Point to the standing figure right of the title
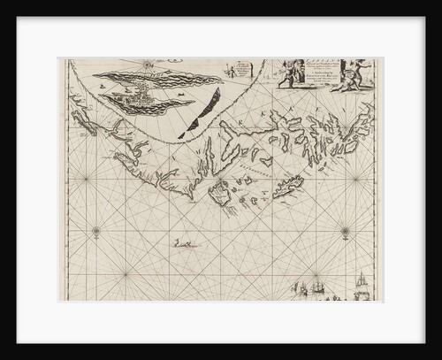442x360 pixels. coord(346,73)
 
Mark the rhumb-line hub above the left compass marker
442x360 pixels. coord(86,180)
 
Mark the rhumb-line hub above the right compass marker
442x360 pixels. coord(355,180)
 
